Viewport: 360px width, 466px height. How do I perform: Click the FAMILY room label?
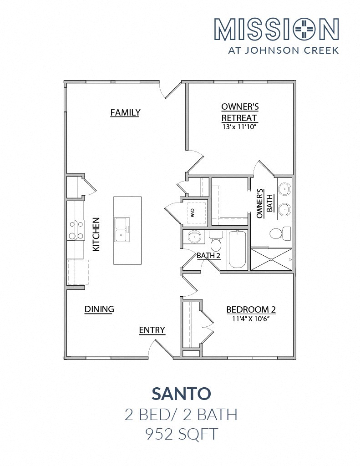click(x=125, y=112)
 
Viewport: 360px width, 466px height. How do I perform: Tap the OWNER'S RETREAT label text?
click(x=240, y=112)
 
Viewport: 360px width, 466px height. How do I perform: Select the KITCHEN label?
click(x=96, y=234)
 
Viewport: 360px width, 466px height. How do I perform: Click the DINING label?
click(x=99, y=309)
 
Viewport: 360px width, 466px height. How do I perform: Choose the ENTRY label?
click(x=152, y=330)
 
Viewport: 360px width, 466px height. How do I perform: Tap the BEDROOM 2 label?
click(x=251, y=310)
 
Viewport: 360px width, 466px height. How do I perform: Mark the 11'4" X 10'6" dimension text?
click(x=251, y=319)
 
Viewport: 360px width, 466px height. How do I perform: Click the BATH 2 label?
click(x=208, y=256)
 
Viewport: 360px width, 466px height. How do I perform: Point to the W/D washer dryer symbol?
click(x=194, y=212)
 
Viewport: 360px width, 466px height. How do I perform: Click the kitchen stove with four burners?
click(x=76, y=230)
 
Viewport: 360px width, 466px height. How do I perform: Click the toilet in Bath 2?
click(x=216, y=240)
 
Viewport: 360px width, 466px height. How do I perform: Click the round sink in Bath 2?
click(x=194, y=237)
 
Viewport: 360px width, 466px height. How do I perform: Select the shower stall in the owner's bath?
click(x=271, y=260)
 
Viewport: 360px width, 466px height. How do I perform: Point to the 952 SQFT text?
click(x=181, y=434)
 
